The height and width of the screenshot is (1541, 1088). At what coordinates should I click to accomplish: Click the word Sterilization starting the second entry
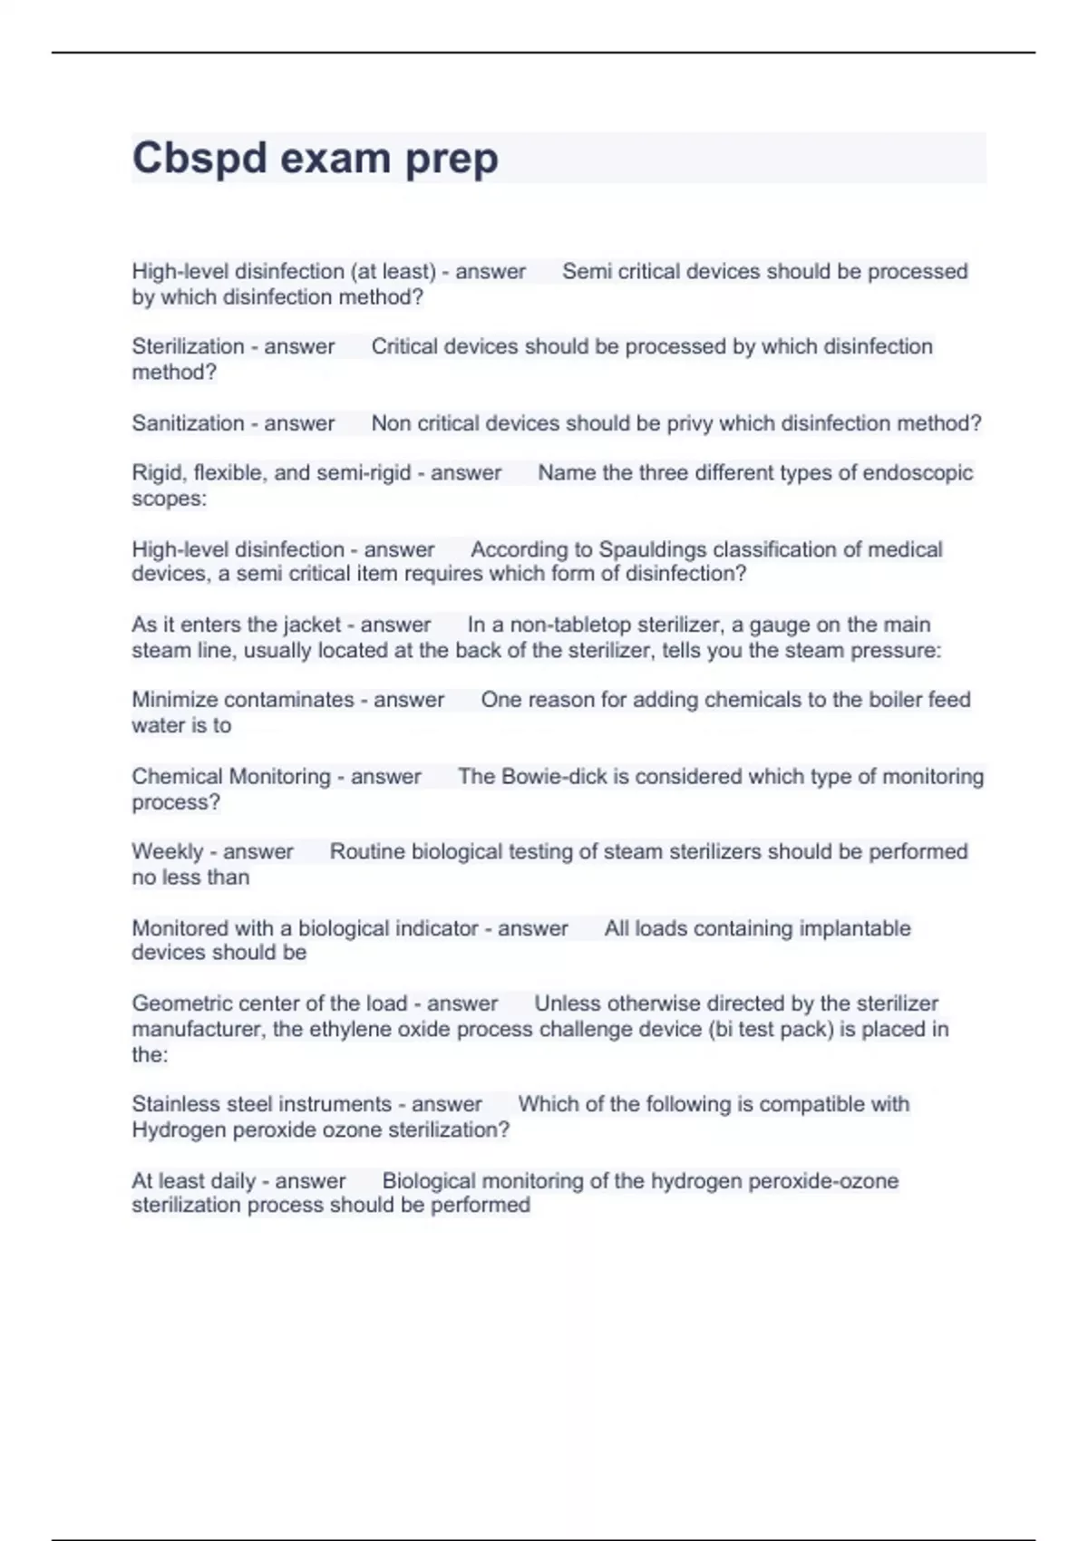click(188, 346)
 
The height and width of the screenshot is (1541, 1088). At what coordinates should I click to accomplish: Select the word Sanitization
click(188, 423)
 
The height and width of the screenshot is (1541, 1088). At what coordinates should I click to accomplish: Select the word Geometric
click(179, 1003)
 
